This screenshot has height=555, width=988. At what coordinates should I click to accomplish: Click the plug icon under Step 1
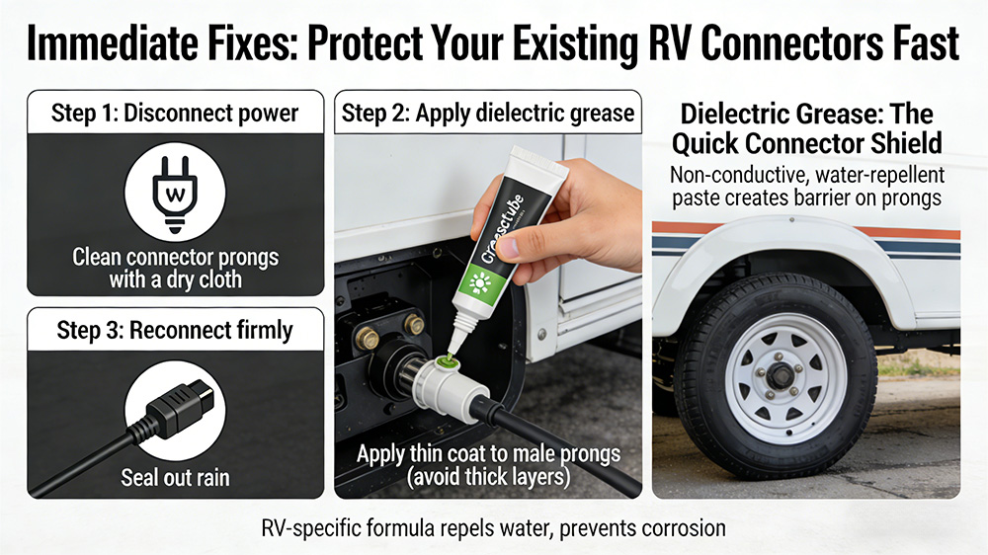point(175,190)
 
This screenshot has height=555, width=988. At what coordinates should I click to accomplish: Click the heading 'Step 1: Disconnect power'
point(175,113)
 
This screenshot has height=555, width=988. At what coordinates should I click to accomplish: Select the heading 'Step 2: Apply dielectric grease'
point(488,113)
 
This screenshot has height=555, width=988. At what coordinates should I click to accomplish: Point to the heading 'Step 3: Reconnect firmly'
point(175,329)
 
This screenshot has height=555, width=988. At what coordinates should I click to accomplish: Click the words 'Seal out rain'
point(175,478)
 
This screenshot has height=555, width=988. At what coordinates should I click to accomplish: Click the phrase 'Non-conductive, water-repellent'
point(806,174)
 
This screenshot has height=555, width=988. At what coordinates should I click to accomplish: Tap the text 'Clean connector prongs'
point(175,258)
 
